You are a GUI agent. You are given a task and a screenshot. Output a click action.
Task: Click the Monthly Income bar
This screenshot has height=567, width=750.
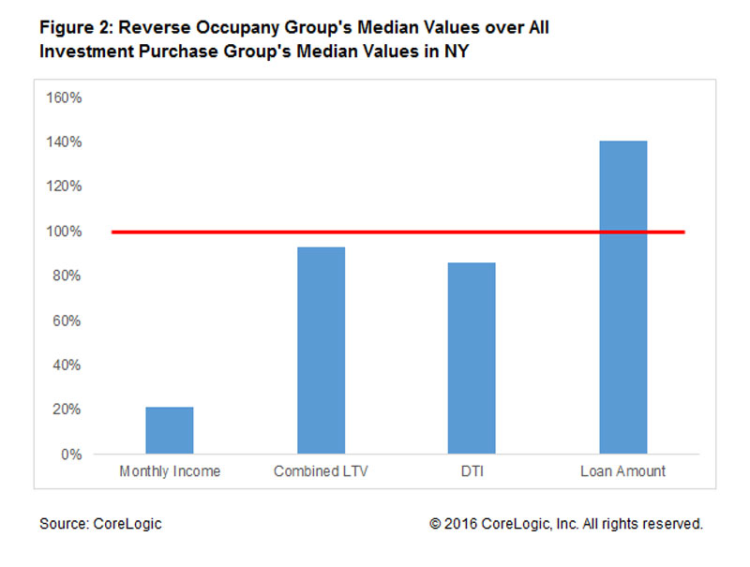[170, 431]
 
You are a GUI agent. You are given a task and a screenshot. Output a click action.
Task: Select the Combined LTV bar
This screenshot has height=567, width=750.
[321, 351]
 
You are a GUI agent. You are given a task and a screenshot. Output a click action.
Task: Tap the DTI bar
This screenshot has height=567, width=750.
[472, 359]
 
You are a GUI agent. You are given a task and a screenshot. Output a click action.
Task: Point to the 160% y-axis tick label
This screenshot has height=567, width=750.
[65, 97]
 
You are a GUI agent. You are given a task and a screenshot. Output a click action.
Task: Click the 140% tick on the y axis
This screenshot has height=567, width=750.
[65, 142]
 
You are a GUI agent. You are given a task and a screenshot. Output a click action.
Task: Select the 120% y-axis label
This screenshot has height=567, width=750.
[65, 187]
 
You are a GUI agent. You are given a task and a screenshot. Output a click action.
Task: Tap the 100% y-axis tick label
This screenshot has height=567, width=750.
[65, 231]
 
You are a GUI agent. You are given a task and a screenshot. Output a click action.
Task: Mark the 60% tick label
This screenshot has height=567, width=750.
[68, 321]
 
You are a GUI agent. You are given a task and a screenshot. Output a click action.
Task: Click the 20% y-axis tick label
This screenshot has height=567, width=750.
[68, 410]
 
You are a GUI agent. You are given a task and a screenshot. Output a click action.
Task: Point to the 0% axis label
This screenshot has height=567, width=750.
[72, 455]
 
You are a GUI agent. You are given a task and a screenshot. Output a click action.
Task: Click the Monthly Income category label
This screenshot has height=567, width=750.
[170, 471]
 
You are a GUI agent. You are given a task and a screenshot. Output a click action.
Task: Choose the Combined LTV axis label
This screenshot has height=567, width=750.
[321, 471]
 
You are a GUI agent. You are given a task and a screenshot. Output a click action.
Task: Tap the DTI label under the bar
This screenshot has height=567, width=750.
[472, 471]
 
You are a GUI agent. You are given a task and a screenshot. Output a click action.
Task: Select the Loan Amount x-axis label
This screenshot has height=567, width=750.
[622, 471]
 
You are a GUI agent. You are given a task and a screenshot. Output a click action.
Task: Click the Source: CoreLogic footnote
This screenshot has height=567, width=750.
[100, 524]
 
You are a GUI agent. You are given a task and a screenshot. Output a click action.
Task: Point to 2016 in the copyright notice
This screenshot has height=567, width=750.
[462, 524]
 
